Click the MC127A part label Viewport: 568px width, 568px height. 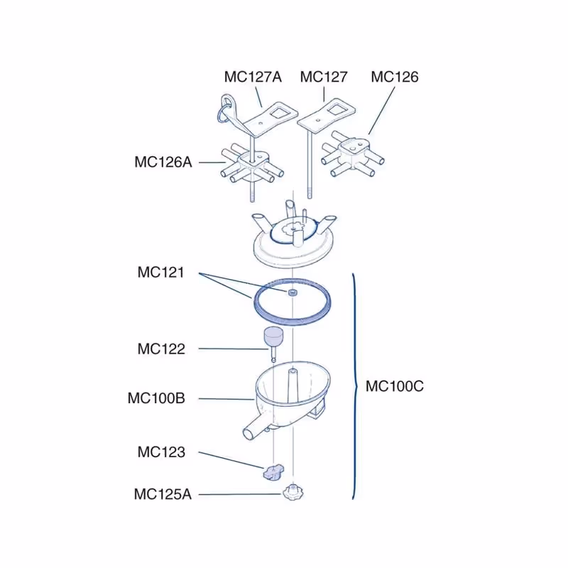[x=253, y=77]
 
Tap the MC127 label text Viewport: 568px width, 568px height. [x=324, y=77]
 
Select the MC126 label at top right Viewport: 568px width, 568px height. [x=395, y=77]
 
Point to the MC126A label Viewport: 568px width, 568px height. [x=163, y=162]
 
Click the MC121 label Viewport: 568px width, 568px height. [x=161, y=272]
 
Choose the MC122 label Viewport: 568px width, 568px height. [x=161, y=349]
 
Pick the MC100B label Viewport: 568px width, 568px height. [x=156, y=398]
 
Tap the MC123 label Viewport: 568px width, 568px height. [x=161, y=452]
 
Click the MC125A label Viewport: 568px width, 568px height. [x=163, y=494]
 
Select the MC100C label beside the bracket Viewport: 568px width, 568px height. [x=395, y=386]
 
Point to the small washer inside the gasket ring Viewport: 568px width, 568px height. [x=293, y=293]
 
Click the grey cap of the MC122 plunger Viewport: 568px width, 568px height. [x=273, y=337]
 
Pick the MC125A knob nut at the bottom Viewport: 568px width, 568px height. [x=293, y=493]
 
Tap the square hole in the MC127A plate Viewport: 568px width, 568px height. [x=279, y=114]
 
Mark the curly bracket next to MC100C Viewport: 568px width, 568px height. [x=355, y=386]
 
